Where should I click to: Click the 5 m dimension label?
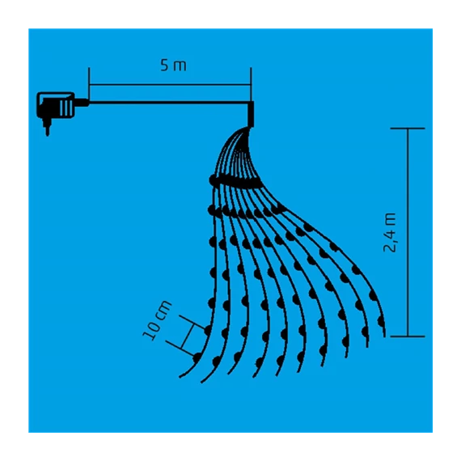pos(173,66)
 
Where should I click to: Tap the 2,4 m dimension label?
pos(390,233)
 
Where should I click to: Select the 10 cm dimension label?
pos(158,320)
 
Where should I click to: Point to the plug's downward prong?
pos(47,127)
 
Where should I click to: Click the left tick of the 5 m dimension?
pos(89,84)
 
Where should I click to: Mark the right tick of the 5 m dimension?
pos(251,84)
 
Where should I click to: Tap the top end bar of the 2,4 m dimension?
pos(408,129)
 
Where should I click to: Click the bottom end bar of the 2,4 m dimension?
pos(408,336)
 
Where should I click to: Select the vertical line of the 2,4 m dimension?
pos(408,232)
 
